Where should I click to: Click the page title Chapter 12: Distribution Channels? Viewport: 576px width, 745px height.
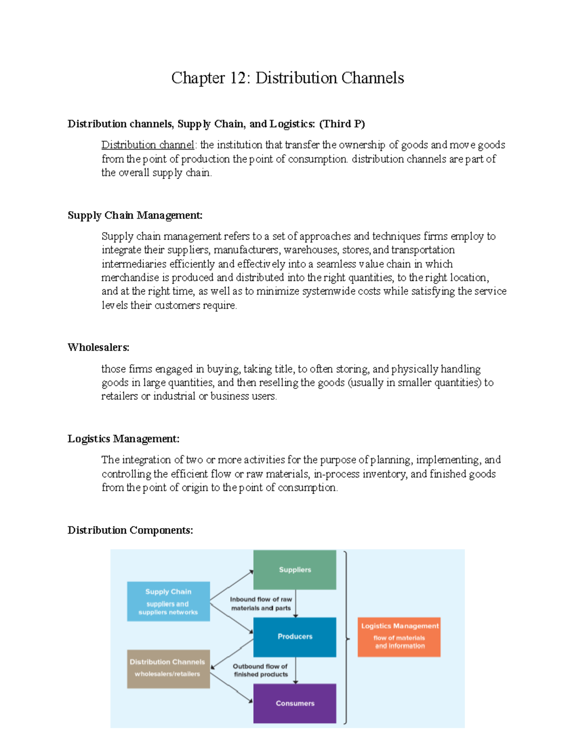click(x=288, y=78)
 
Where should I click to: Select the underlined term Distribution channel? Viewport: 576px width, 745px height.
click(x=147, y=145)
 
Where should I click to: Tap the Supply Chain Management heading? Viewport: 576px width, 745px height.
click(x=135, y=215)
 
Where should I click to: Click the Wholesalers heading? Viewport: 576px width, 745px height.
click(x=98, y=347)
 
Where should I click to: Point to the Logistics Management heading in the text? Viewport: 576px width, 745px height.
click(x=123, y=439)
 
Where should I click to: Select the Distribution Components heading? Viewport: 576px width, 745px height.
click(x=130, y=530)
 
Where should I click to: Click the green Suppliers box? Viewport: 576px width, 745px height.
click(x=295, y=570)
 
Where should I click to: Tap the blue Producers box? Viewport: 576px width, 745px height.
click(x=295, y=637)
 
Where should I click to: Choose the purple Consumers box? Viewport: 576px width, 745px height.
click(x=295, y=703)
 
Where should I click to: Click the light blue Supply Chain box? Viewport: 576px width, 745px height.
click(x=168, y=602)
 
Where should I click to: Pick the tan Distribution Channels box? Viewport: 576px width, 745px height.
click(x=168, y=669)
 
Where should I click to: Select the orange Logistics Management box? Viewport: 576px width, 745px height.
click(x=399, y=637)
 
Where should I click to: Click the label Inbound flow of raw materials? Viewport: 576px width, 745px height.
click(x=261, y=603)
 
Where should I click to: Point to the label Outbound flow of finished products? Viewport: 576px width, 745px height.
click(x=261, y=670)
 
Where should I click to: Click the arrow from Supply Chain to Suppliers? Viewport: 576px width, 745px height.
click(x=231, y=585)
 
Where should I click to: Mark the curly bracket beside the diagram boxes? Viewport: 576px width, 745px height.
click(x=346, y=638)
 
